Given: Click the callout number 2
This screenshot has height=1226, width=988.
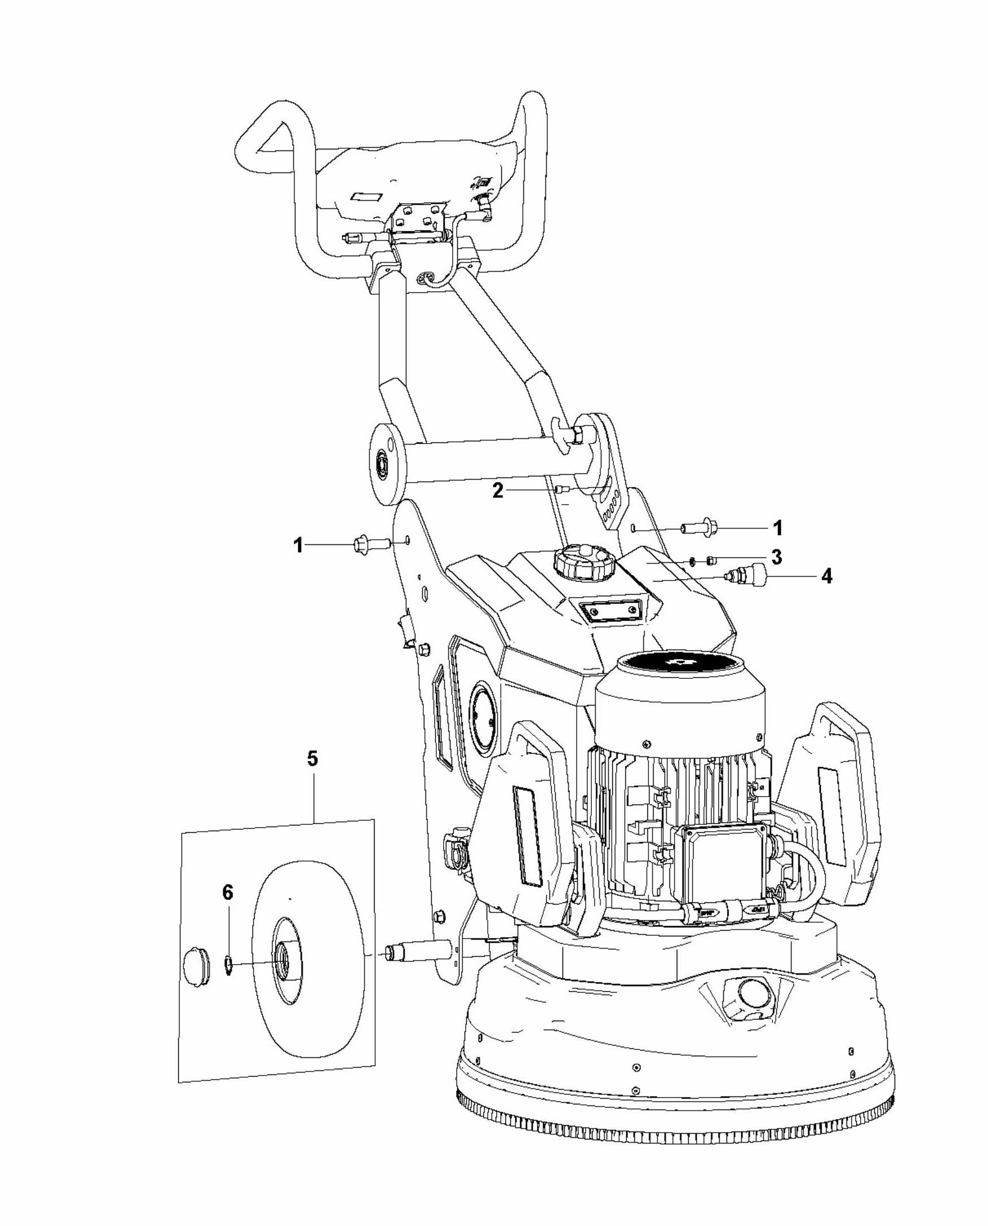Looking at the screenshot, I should [x=498, y=491].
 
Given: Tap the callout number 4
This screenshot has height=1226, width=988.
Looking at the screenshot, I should [x=826, y=577].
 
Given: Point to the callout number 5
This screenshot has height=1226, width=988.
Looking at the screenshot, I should [x=312, y=759].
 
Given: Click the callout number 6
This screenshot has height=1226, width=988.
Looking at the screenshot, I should [x=227, y=893].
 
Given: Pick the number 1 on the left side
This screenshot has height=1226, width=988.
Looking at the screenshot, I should [x=298, y=545].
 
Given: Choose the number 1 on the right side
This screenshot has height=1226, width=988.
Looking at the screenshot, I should [x=777, y=528].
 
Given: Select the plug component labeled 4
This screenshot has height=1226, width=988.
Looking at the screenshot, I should [x=747, y=575].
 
